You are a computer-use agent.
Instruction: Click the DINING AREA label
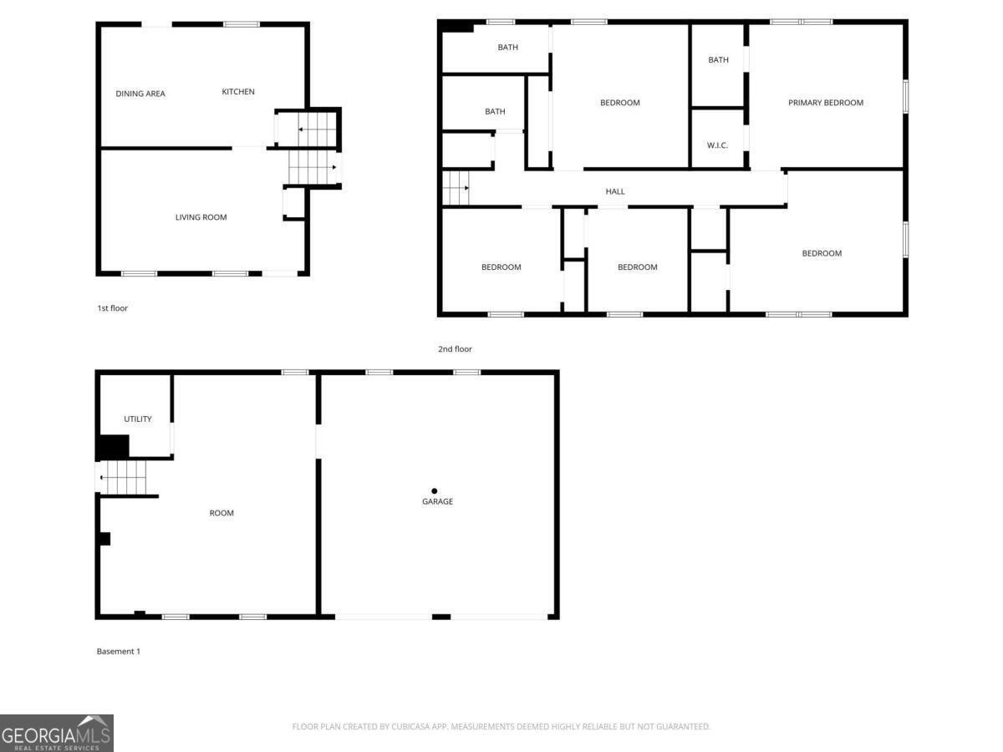(140, 94)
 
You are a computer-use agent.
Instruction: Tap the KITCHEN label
(238, 92)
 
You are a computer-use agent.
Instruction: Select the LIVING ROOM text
(201, 217)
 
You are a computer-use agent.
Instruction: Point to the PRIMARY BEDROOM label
(826, 103)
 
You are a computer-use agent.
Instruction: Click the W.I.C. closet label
(717, 145)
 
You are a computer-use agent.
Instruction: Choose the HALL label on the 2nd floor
(615, 191)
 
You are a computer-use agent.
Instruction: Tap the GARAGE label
(437, 501)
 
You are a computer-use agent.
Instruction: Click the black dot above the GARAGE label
(434, 490)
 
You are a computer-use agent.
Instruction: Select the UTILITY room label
(138, 419)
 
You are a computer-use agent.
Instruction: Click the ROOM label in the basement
(221, 513)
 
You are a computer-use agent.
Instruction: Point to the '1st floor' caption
(112, 308)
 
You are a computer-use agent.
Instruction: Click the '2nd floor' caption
(455, 349)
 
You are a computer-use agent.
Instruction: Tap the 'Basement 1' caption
(119, 651)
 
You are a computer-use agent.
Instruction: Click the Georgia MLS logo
(57, 733)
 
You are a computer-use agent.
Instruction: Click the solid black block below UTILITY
(112, 448)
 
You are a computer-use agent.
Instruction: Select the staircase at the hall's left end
(456, 187)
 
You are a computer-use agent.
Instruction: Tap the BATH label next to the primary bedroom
(718, 60)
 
